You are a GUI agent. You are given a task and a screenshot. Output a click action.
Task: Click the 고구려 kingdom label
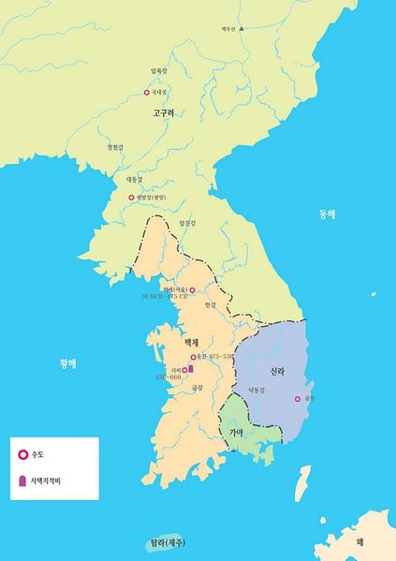164,112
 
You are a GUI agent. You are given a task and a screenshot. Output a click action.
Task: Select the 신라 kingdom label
277,372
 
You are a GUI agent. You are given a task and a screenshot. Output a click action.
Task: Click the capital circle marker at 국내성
146,92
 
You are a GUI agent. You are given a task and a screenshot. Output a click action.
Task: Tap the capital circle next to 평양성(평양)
131,198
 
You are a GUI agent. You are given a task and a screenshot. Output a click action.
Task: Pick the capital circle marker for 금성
298,399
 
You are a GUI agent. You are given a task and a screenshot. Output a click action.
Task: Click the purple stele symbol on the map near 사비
191,370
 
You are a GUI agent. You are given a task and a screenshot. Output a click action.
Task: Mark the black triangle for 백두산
241,29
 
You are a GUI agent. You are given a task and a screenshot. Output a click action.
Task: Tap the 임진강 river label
188,223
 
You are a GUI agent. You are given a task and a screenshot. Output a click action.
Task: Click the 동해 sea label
326,214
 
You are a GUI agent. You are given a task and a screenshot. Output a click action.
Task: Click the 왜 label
359,541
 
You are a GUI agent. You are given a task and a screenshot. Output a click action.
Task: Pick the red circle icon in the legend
24,456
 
